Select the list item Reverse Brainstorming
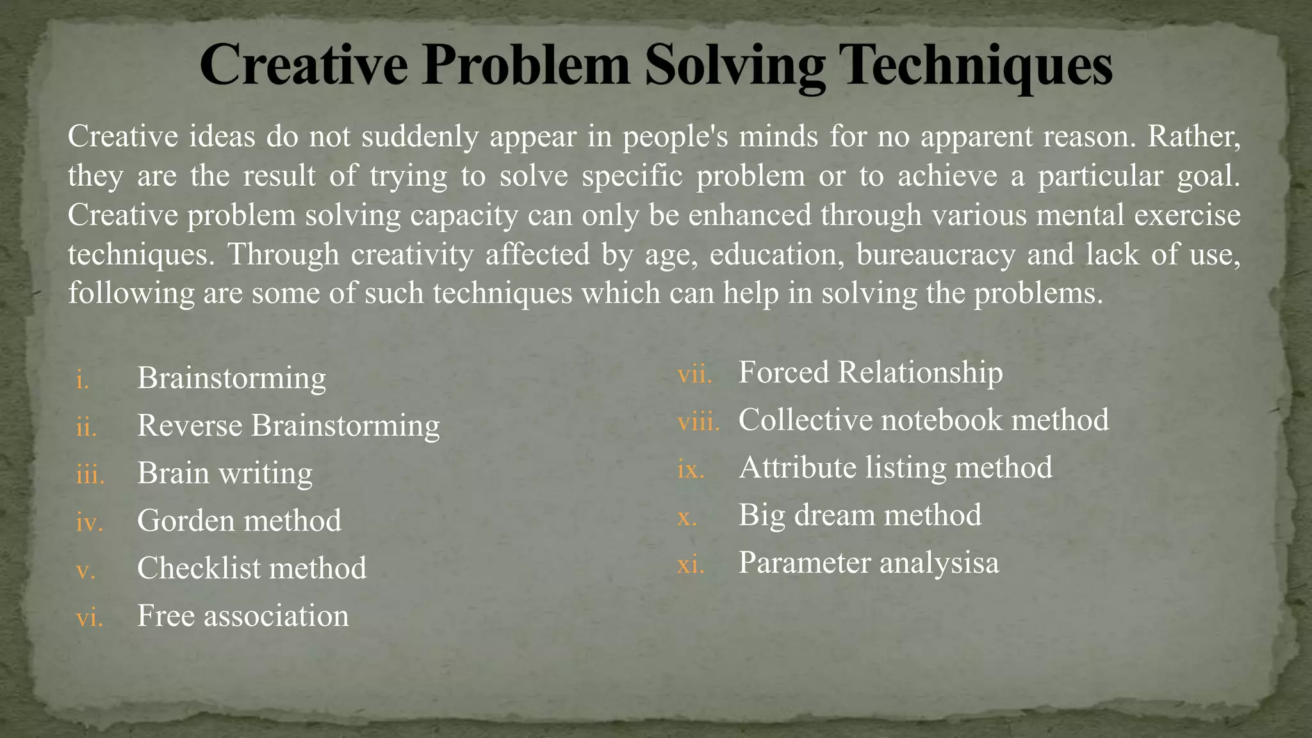[288, 425]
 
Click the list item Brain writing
[225, 473]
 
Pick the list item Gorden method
[239, 520]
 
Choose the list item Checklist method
[252, 568]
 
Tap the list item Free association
[243, 616]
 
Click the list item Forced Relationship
[870, 372]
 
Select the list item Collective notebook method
[923, 420]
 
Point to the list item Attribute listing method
[895, 467]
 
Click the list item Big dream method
[859, 514]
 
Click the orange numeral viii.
[698, 422]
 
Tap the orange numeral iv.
[89, 522]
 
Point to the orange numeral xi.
[691, 564]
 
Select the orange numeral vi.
[89, 618]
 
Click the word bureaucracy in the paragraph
[935, 254]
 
